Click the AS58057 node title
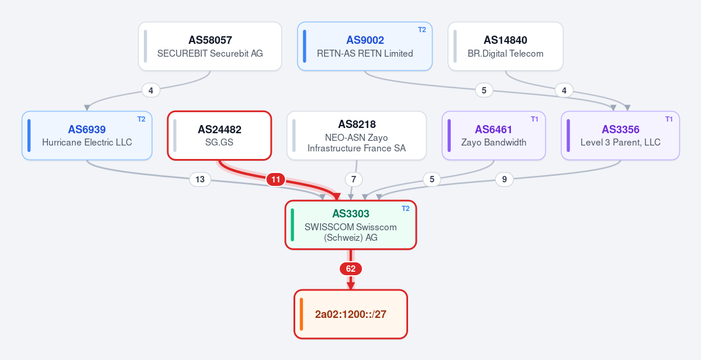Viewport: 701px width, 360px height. tap(210, 40)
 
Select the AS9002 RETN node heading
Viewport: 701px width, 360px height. tap(365, 40)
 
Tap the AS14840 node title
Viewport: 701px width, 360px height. tap(505, 40)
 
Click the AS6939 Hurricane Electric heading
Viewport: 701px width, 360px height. tap(87, 130)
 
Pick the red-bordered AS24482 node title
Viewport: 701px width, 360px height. tap(219, 130)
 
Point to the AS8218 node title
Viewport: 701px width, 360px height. tap(357, 124)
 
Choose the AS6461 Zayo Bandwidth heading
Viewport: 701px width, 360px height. tap(493, 130)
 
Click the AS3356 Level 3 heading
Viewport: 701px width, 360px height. tap(620, 130)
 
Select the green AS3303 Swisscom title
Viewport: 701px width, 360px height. tap(351, 214)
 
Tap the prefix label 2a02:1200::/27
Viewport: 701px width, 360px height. tap(351, 314)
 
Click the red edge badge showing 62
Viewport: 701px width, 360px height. tap(351, 269)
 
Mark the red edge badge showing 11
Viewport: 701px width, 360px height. tap(276, 179)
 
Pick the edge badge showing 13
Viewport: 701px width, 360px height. tap(200, 179)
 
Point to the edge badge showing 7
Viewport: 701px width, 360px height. tap(354, 179)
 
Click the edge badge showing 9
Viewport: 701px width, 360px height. tap(505, 179)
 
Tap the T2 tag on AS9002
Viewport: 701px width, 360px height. tap(422, 30)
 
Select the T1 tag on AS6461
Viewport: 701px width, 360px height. tap(535, 119)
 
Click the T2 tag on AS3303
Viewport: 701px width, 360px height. tap(406, 209)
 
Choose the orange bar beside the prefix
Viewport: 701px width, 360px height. tap(301, 314)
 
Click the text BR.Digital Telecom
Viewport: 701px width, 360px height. tap(505, 54)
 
